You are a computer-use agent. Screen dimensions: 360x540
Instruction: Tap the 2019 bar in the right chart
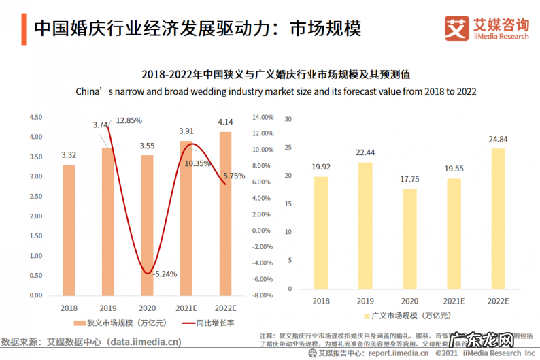365,225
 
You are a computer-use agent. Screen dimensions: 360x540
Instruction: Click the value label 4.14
224,122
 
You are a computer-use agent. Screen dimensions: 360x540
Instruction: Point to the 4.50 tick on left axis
35,118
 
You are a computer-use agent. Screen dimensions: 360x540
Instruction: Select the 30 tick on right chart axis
288,118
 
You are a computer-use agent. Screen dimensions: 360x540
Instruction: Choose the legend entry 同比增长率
215,323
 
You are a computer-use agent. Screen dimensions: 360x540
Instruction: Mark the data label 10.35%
198,163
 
